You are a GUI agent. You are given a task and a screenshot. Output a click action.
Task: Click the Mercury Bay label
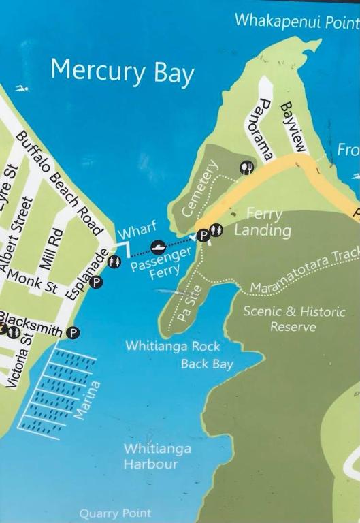point(122,71)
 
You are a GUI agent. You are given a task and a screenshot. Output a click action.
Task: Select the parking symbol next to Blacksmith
point(73,332)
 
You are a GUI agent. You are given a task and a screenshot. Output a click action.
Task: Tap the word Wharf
point(133,230)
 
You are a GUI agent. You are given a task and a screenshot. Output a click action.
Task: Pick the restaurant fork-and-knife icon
point(246,168)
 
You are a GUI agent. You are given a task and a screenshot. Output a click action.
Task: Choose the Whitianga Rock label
point(172,346)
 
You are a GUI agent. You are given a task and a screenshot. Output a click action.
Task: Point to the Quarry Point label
point(115,513)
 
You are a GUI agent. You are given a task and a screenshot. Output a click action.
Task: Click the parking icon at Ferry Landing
point(202,236)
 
